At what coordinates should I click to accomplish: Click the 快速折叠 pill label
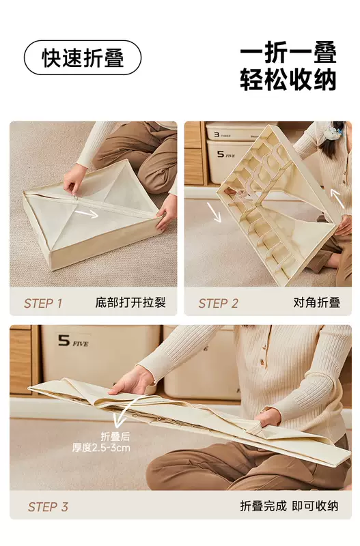(83, 57)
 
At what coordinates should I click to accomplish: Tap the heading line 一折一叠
(288, 53)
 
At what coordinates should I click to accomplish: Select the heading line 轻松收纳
(288, 80)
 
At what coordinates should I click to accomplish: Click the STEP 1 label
(43, 303)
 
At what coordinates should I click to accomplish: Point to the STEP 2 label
(218, 303)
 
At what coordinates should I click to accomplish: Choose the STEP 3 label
(48, 506)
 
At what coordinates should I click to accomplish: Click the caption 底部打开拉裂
(130, 302)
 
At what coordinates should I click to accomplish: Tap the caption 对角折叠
(316, 302)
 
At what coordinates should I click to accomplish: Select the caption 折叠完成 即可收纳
(289, 506)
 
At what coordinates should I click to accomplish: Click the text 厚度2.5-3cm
(101, 448)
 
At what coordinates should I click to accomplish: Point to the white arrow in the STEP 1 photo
(87, 213)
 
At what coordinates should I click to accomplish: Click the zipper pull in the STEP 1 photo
(75, 198)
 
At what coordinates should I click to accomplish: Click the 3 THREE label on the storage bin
(222, 134)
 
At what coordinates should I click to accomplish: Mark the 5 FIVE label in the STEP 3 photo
(73, 341)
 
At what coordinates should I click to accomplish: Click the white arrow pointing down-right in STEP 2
(214, 212)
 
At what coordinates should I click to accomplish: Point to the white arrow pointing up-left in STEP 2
(337, 199)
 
